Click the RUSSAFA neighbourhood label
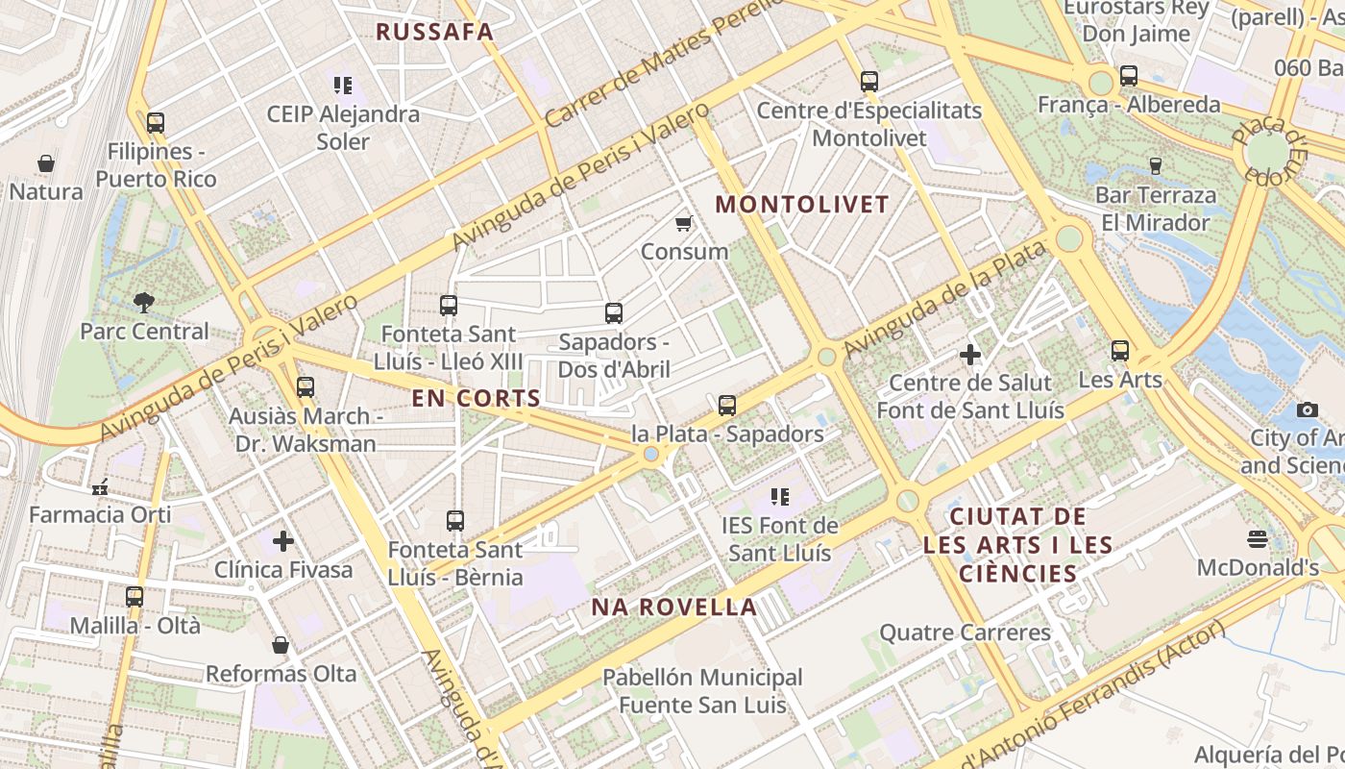coord(434,32)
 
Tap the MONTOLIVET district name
coord(802,204)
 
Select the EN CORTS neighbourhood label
coord(477,398)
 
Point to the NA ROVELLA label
coord(673,607)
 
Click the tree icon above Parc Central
coord(144,303)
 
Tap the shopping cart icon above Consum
coord(684,224)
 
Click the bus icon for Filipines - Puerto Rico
coord(156,123)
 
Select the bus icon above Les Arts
coord(1120,351)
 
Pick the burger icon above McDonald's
coord(1258,538)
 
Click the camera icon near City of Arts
coord(1307,410)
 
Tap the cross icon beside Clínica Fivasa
coord(283,541)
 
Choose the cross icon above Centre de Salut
coord(970,355)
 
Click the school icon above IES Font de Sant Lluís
coord(780,497)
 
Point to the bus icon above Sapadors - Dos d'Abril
coord(614,313)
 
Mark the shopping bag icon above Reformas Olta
coord(281,645)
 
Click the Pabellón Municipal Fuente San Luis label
coord(702,691)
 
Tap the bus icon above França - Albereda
coord(1129,76)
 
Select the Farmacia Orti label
coord(100,514)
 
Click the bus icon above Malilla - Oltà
coord(134,597)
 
